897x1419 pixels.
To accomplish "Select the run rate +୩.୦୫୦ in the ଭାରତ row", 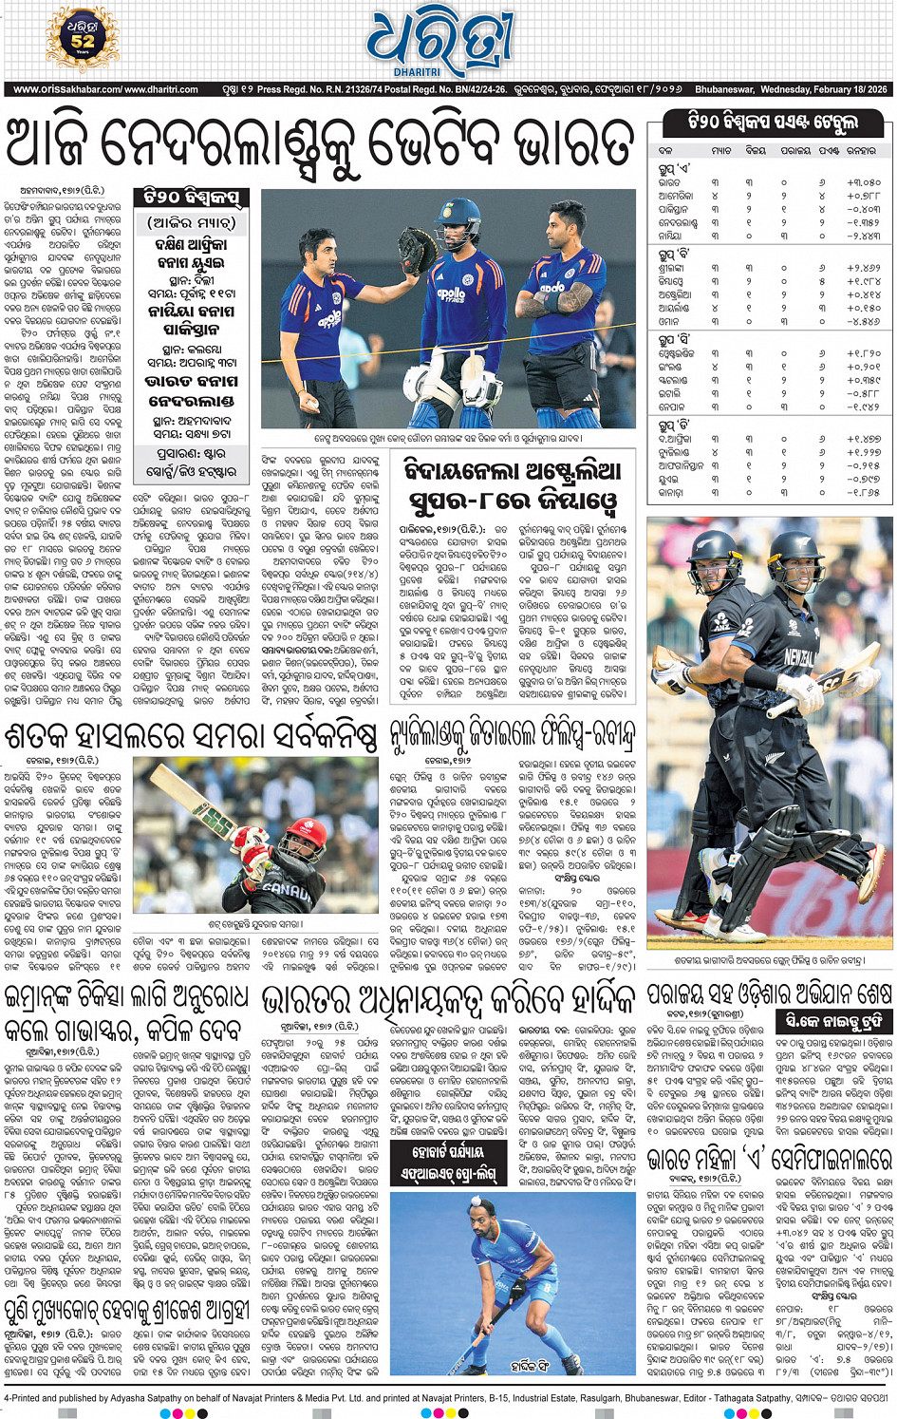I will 863,181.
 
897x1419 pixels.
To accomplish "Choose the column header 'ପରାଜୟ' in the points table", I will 794,150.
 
